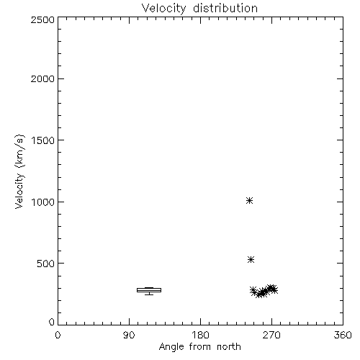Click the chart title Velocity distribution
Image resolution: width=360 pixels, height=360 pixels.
point(199,9)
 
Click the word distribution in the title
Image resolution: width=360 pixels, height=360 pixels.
point(225,8)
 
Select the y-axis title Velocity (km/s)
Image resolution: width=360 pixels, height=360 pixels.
point(19,171)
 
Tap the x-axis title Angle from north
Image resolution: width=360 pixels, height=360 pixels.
point(199,347)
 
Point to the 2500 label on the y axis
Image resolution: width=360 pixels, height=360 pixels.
point(42,19)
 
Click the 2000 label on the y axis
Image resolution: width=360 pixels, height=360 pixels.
point(42,79)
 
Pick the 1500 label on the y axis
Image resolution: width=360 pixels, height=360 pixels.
point(43,140)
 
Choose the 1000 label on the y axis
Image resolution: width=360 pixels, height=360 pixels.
point(43,202)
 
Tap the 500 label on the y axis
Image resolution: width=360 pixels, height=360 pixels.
point(46,264)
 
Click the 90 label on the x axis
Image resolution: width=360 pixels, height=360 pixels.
point(129,335)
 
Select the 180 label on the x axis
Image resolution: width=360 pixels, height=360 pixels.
point(200,335)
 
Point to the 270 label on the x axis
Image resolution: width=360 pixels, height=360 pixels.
point(271,335)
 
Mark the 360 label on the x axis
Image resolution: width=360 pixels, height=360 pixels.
point(343,335)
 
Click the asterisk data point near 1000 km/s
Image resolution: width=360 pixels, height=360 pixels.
point(250,200)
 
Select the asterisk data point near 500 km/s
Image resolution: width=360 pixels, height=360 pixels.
point(251,259)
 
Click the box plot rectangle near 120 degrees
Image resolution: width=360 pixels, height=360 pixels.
point(149,290)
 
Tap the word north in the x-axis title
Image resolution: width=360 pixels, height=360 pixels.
point(229,347)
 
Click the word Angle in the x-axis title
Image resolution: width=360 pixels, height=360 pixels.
point(171,347)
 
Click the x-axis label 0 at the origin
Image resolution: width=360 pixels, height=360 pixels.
point(58,335)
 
